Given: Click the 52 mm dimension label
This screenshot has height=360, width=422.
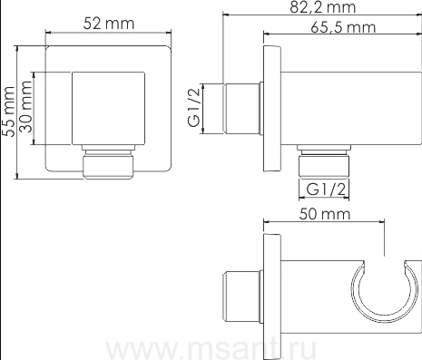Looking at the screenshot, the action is coord(109,24).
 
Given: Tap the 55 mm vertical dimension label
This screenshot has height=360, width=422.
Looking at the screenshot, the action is coord(8,112).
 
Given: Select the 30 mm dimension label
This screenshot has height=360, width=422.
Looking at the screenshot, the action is coord(25,106).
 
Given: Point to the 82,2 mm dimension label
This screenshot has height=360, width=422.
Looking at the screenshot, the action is coord(323,7).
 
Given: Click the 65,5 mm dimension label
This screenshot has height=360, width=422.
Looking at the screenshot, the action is coord(343,27).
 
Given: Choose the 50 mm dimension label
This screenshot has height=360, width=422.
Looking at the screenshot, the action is coord(325,214).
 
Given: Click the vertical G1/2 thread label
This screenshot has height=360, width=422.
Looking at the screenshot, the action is coord(194,108).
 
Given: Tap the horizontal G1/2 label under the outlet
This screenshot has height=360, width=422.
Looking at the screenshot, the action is coord(326,190).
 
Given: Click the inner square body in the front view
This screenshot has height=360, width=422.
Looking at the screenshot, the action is coord(108,108).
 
